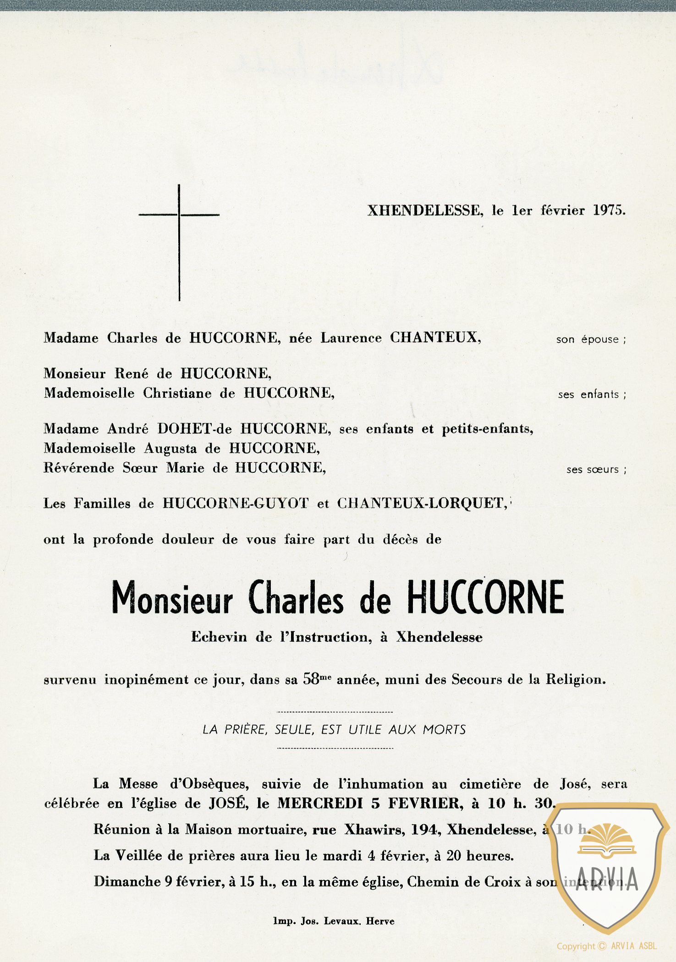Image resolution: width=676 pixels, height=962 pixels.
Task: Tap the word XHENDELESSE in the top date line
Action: click(424, 211)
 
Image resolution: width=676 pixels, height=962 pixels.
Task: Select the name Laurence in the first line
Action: click(351, 338)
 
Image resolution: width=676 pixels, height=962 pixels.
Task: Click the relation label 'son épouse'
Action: click(590, 339)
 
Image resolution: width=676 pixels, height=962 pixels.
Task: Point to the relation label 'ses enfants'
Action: click(591, 394)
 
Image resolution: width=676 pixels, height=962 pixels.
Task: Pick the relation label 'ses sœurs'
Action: click(595, 470)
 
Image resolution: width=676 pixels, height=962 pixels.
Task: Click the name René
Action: click(131, 374)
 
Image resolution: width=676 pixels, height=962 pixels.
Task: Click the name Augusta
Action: click(170, 448)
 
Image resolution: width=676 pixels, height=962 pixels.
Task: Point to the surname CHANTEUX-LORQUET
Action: click(422, 503)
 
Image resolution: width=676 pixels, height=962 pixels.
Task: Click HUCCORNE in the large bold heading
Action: click(485, 597)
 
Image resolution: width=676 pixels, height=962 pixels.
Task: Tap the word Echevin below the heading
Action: click(219, 637)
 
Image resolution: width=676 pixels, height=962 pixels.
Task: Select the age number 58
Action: click(311, 679)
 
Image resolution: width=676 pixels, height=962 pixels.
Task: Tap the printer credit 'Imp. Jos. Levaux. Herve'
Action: click(334, 921)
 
